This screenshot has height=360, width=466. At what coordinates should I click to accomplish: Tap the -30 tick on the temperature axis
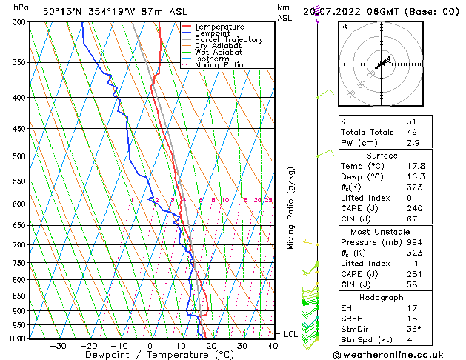point(57,345)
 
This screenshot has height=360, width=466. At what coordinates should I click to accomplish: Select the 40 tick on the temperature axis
point(273,345)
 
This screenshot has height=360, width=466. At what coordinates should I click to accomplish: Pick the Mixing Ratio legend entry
point(219,65)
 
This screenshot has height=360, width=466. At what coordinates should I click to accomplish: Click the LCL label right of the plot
point(290,334)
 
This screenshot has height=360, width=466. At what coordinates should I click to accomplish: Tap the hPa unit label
point(21,7)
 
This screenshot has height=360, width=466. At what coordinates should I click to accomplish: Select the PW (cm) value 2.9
point(413,142)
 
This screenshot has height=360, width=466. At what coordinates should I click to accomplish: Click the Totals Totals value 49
point(412,132)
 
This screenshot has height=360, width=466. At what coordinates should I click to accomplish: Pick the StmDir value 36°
point(413,329)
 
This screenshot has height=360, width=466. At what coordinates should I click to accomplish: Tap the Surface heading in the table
point(381,156)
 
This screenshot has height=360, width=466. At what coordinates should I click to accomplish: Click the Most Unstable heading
point(381,232)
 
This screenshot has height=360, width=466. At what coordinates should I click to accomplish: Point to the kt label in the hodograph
point(344,27)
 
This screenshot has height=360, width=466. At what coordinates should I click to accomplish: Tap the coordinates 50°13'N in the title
point(63,11)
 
